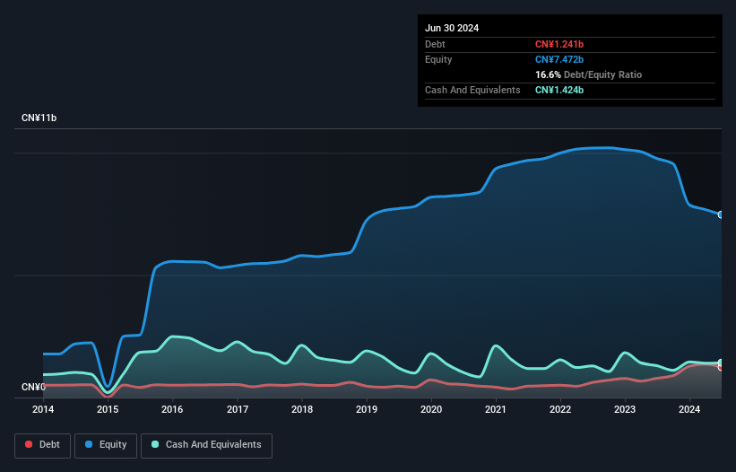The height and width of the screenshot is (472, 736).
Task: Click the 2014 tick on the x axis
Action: (43, 410)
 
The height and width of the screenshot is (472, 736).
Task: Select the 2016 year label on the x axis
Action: (172, 410)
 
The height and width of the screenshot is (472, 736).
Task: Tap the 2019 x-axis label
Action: (367, 410)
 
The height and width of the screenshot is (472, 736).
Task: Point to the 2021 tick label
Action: (496, 410)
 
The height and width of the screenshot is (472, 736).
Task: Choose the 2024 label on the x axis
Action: (689, 410)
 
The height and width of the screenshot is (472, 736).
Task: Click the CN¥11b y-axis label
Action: (39, 118)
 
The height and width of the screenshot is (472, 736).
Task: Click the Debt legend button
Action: (42, 445)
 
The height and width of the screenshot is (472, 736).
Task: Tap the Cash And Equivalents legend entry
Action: (206, 445)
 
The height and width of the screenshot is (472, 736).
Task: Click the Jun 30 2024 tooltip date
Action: (452, 28)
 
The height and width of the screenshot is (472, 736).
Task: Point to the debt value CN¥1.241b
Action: (559, 44)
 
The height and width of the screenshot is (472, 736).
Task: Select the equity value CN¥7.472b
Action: (559, 59)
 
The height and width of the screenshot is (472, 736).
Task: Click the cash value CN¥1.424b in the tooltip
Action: (559, 90)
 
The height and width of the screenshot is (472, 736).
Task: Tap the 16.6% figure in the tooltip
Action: (548, 74)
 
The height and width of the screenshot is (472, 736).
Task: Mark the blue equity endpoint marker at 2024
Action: (721, 214)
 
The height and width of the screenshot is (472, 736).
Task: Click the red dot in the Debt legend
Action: (30, 445)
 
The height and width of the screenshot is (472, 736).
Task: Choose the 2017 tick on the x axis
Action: (238, 410)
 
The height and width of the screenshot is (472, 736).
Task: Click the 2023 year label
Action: (625, 410)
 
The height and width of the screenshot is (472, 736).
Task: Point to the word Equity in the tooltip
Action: (438, 59)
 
